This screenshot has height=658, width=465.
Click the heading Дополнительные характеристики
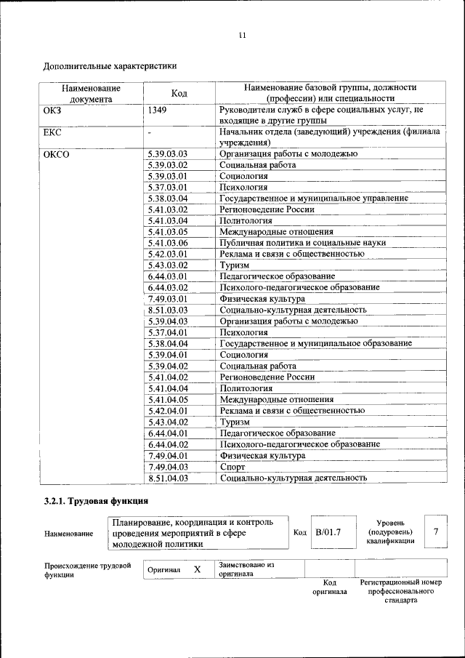[x=110, y=66]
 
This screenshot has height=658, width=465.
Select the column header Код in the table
[x=179, y=93]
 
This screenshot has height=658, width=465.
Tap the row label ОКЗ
[x=54, y=110]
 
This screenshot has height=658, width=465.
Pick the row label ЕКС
[x=54, y=132]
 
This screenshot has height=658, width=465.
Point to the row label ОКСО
[x=57, y=154]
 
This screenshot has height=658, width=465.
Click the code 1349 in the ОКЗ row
[x=157, y=110]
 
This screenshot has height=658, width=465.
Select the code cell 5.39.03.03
[x=167, y=154]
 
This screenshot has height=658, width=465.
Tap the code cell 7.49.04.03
[x=167, y=466]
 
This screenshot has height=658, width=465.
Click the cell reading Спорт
[x=232, y=466]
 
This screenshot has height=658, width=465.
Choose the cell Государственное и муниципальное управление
[x=314, y=198]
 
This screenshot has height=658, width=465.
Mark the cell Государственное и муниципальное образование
[x=316, y=343]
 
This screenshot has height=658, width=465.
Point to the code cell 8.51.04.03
[x=167, y=478]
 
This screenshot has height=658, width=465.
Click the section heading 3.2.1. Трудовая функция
[x=96, y=501]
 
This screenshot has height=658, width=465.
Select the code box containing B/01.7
[x=327, y=532]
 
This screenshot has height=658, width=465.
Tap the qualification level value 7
[x=436, y=532]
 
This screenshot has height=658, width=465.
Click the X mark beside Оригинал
[x=197, y=569]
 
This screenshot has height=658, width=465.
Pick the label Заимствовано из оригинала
[x=246, y=569]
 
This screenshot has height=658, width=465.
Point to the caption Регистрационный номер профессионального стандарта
[x=400, y=592]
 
